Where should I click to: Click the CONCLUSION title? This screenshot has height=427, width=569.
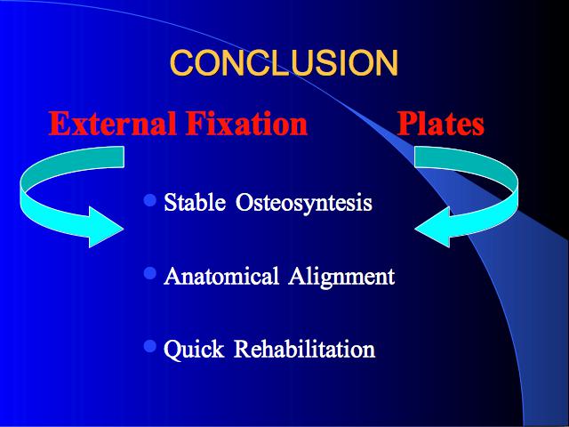tap(284, 63)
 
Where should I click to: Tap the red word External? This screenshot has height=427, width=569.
tap(113, 124)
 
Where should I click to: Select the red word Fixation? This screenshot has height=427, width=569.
tap(247, 124)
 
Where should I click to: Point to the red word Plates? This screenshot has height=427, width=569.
tap(441, 124)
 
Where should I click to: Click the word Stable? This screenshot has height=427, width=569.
tap(195, 202)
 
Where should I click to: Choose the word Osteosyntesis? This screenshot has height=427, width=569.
tap(304, 204)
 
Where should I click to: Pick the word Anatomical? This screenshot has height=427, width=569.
tap(221, 276)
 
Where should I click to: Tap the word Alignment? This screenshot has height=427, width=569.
tap(341, 277)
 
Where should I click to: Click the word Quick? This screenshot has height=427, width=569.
tap(194, 350)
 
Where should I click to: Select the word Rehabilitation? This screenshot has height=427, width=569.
tap(304, 349)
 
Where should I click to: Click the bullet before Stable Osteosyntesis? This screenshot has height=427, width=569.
tap(150, 200)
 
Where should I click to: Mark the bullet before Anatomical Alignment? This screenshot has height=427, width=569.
tap(150, 273)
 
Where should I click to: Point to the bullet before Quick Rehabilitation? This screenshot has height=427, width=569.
tap(150, 346)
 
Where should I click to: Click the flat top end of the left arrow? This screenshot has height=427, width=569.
tap(124, 157)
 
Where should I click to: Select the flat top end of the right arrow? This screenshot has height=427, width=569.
tap(415, 157)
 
